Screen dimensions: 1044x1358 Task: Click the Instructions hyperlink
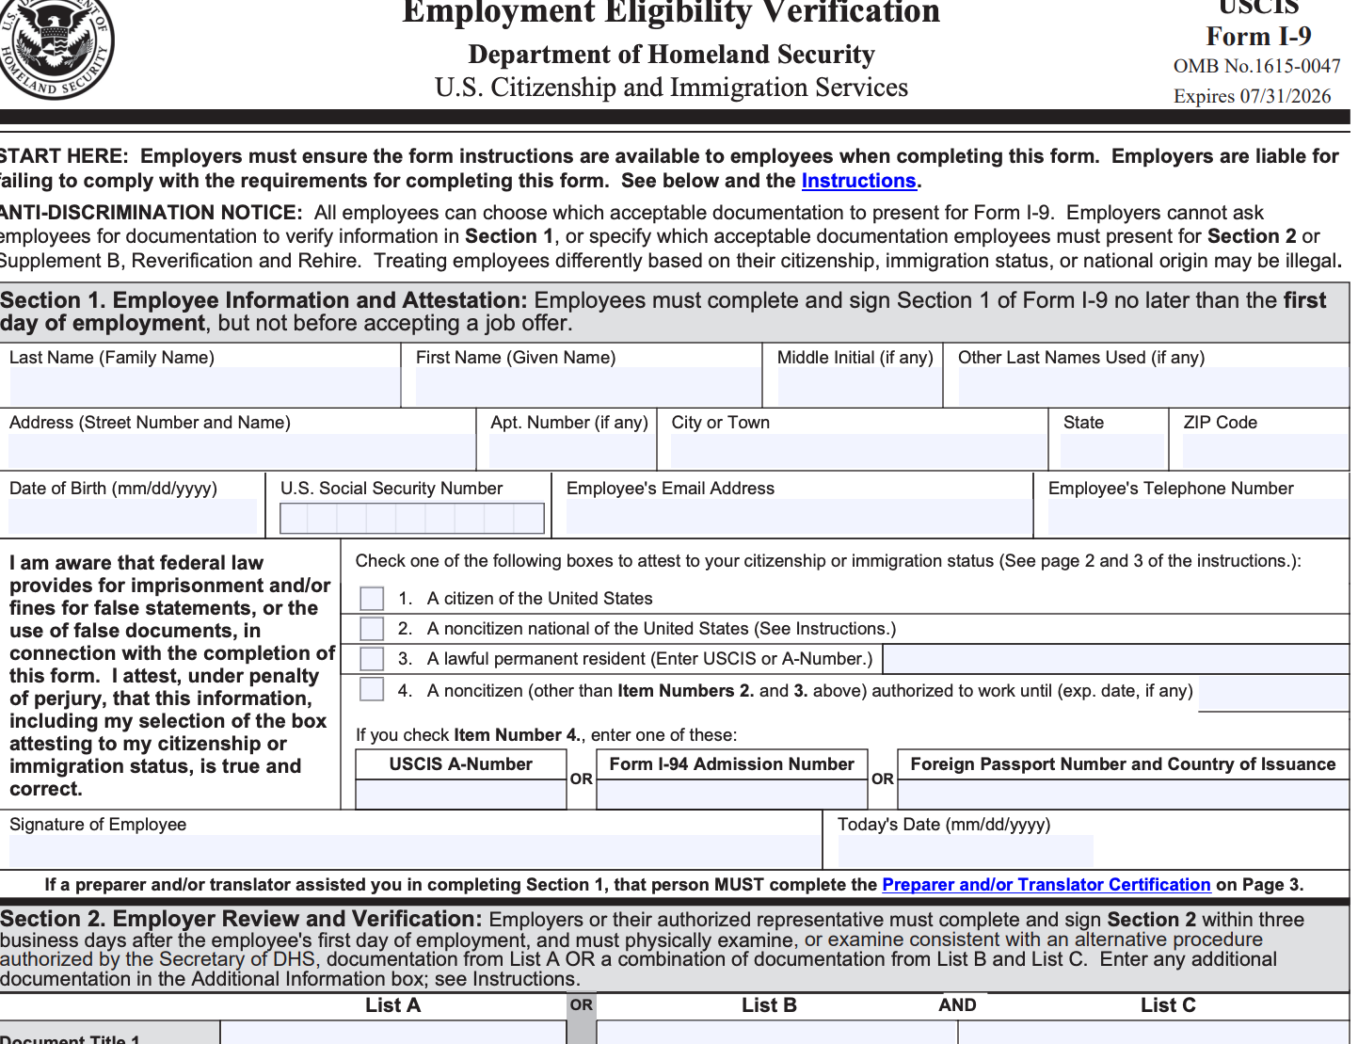(858, 181)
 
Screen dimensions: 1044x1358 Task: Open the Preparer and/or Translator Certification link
(1046, 885)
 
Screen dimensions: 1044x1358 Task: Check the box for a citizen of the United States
(372, 599)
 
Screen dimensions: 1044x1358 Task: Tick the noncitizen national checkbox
(372, 629)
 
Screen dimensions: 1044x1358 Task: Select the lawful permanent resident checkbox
(372, 659)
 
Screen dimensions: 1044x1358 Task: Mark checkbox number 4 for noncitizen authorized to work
(372, 690)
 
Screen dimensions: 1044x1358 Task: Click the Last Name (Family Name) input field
(204, 387)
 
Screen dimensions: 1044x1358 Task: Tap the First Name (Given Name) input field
(587, 387)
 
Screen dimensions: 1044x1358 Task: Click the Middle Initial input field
(858, 387)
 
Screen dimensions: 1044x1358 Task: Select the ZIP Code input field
(1264, 452)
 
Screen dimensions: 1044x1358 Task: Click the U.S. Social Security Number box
(411, 519)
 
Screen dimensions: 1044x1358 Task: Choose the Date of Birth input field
(133, 518)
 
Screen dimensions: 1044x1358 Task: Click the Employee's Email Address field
(798, 518)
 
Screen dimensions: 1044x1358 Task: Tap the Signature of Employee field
(414, 851)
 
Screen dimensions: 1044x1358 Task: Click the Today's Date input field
(965, 851)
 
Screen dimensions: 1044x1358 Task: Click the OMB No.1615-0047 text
(1256, 67)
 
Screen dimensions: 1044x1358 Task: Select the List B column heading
(769, 1005)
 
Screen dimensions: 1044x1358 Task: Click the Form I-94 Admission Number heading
(731, 764)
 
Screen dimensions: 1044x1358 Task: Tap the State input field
(1111, 452)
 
